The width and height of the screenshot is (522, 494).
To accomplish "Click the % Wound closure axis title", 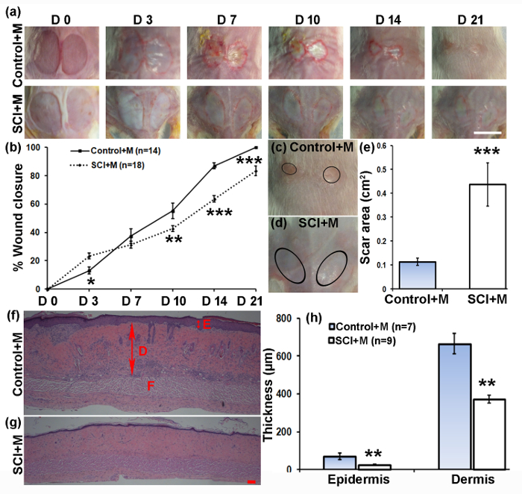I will pyautogui.click(x=13, y=216).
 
